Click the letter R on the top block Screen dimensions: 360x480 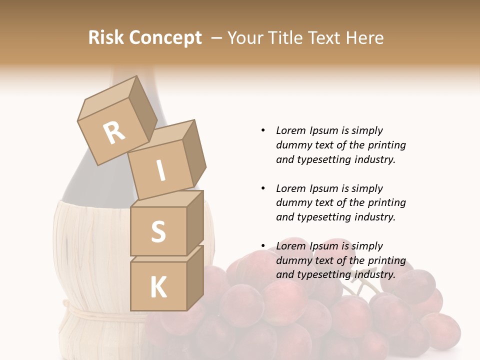coord(114,132)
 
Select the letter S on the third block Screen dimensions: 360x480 coord(158,231)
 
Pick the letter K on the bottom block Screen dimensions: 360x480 coord(158,287)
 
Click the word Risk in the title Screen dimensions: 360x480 coord(105,37)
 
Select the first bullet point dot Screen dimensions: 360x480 coord(263,130)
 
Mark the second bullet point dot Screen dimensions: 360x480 coord(263,188)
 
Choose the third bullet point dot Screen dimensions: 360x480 coord(263,246)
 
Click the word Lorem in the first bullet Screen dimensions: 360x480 coord(291,130)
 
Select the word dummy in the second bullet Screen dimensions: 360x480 coord(292,202)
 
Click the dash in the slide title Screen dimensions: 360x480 coord(216,38)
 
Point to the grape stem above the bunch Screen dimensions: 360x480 coord(361,282)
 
